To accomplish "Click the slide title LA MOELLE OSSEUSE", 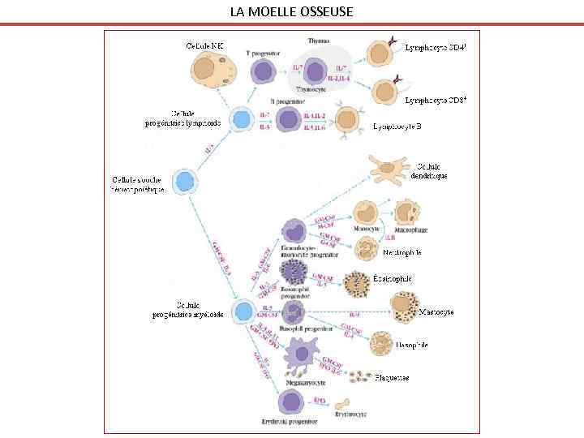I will coord(291,11).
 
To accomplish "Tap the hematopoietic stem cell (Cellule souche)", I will coord(186,182).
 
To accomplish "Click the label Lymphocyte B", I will coord(397,127).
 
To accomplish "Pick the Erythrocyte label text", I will coord(350,414).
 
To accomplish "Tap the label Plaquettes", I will coord(392,377).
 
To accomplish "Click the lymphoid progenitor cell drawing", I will coord(241,120).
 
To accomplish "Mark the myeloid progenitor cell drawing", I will coord(242,311).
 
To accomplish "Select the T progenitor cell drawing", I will coord(263,71).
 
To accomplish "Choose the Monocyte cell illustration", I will coord(367,213).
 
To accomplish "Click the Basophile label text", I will coord(410,346).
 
